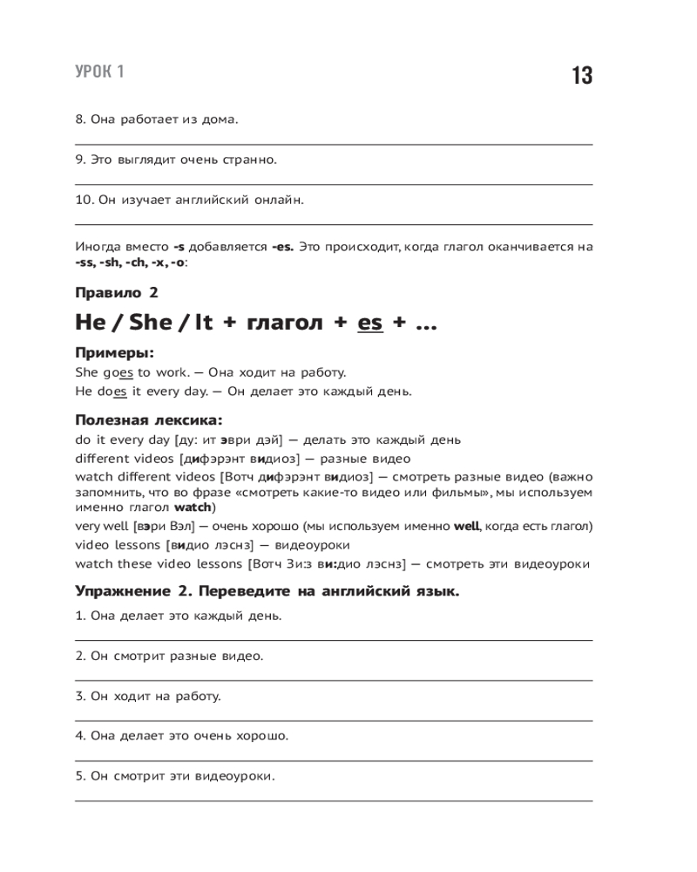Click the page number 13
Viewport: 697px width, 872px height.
click(582, 76)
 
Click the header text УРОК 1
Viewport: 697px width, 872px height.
click(99, 72)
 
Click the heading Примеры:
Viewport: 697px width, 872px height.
click(114, 354)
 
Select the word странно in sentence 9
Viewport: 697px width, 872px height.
click(247, 160)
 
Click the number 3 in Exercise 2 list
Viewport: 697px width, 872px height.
click(79, 696)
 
